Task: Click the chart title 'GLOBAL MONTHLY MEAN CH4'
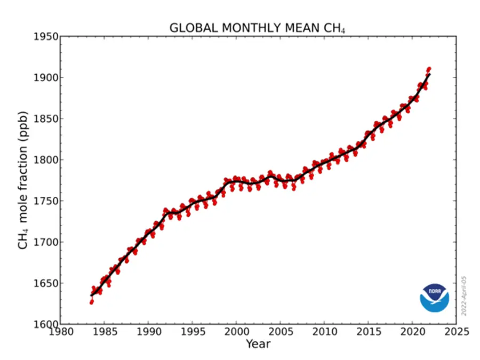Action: pyautogui.click(x=257, y=28)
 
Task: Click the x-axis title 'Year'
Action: pyautogui.click(x=258, y=344)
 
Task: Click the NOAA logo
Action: pyautogui.click(x=434, y=298)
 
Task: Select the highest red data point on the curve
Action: pyautogui.click(x=429, y=69)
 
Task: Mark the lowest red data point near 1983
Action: pyautogui.click(x=91, y=302)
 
